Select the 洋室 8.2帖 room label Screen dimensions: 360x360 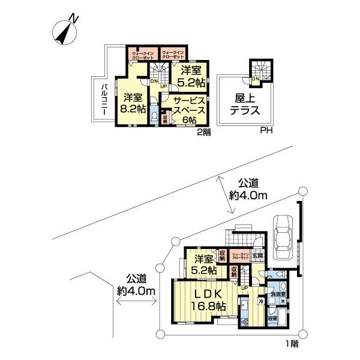coord(133,103)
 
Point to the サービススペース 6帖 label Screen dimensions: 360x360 coord(190,109)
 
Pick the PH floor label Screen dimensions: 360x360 coord(265,131)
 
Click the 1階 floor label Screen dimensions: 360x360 coord(291,344)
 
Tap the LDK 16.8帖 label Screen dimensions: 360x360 coord(208,300)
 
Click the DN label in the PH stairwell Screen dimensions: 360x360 coord(255,79)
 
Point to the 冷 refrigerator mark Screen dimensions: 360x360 coord(260,301)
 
